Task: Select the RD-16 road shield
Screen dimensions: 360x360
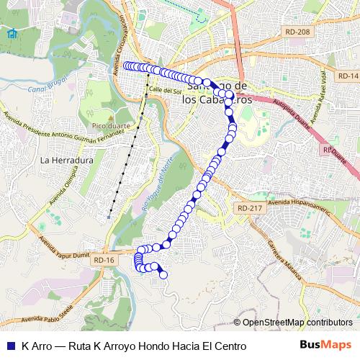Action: click(104, 260)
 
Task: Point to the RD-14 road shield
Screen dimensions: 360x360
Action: click(348, 76)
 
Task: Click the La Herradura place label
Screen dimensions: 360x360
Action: click(68, 160)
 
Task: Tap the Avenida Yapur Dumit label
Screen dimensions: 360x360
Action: click(63, 244)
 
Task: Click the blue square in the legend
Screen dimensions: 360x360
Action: click(9, 346)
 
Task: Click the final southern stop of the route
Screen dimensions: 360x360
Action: click(163, 274)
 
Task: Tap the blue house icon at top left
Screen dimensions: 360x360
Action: click(11, 34)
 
